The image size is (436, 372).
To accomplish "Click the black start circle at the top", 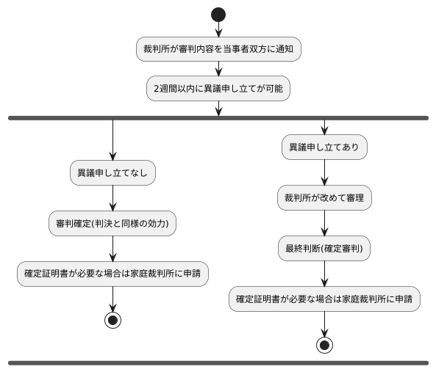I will point(218,14).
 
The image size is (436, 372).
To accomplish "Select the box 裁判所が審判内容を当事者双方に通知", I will point(218,50).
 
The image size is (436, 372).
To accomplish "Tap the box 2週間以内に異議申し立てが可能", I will point(218,89).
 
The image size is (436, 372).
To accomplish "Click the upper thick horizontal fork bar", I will point(218,117).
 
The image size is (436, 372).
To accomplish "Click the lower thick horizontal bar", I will point(218,362).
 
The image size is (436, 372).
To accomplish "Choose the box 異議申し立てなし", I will point(112,173).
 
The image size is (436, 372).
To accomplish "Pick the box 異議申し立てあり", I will point(324,147).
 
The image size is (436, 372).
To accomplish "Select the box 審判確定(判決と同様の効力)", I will point(112,223).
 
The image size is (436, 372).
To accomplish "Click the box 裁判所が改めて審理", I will point(324,198).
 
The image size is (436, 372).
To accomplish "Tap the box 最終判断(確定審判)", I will point(324,249).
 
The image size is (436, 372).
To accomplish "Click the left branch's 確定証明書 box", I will point(112,273).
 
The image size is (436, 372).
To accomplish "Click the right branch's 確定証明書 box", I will point(324,299).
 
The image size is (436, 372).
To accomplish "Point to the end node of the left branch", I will point(112,320).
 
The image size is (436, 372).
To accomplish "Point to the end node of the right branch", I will point(324,345).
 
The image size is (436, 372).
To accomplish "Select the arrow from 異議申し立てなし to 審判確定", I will point(112,198).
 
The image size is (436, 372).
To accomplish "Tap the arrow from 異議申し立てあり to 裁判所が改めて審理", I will point(324,173).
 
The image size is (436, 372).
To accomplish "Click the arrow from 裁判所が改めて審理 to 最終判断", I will point(324,223).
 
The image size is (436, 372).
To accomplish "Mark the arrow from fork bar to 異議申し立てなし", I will point(112,139).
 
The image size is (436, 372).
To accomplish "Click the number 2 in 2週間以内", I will point(156,90).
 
